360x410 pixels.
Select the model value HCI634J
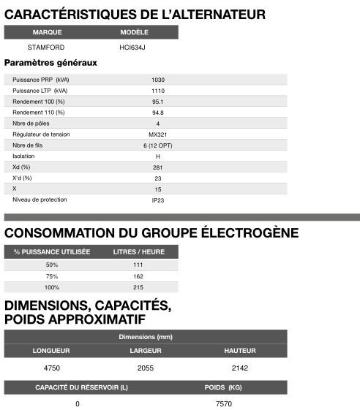point(133,48)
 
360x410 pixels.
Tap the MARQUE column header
point(48,33)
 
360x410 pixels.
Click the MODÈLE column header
point(134,33)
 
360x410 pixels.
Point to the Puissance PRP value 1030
point(157,79)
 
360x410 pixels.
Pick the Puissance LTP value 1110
point(157,90)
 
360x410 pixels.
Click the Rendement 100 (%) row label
point(39,101)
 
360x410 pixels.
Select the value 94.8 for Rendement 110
point(157,113)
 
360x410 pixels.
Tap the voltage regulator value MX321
point(157,134)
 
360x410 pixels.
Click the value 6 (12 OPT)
point(157,145)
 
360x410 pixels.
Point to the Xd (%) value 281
point(157,167)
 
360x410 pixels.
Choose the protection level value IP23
point(157,200)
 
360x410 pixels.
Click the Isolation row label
point(24,156)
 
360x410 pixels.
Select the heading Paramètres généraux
point(50,63)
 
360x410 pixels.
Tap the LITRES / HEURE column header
point(139,251)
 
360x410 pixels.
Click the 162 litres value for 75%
point(139,276)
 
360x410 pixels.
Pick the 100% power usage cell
point(52,287)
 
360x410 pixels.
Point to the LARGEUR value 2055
point(146,368)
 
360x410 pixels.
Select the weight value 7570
point(224,403)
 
